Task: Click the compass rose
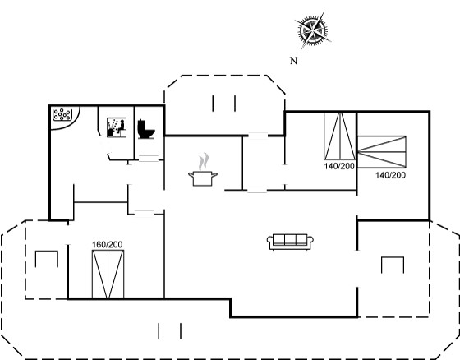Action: tap(313, 30)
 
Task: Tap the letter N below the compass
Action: tap(293, 61)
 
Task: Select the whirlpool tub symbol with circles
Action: tap(62, 114)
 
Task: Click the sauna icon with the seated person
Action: tap(117, 127)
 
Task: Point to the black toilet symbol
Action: tap(146, 129)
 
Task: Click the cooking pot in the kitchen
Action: tap(203, 178)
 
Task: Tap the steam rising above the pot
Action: tap(204, 161)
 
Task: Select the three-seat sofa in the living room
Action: tap(290, 242)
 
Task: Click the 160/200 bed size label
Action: tap(108, 245)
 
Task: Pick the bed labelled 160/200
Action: tap(108, 275)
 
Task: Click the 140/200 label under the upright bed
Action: tap(339, 166)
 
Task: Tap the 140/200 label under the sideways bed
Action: tap(390, 175)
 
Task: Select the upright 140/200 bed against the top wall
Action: tap(340, 136)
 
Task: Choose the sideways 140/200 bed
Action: tap(382, 152)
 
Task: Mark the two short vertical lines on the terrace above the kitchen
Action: tap(224, 104)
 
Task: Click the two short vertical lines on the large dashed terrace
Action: tap(169, 331)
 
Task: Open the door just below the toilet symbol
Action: tap(149, 159)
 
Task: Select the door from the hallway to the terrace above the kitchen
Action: tap(258, 136)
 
